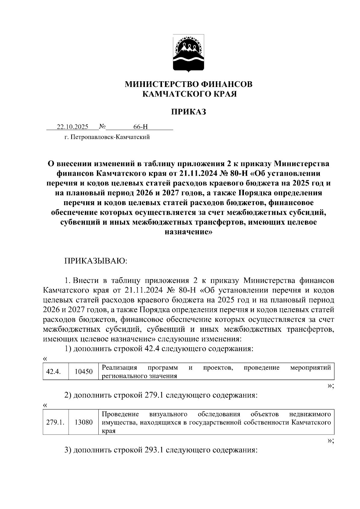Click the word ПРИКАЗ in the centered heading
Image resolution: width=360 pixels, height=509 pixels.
189,112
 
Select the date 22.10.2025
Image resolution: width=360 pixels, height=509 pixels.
73,127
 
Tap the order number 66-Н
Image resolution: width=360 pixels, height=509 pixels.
141,127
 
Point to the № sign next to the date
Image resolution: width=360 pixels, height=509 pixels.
102,127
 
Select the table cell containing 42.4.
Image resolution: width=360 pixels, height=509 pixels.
53,372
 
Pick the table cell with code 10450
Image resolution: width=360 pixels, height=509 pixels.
83,372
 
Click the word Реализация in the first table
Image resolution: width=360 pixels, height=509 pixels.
119,368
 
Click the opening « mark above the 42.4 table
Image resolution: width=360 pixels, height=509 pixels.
45,359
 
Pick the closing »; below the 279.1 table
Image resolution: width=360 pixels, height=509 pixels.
330,440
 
